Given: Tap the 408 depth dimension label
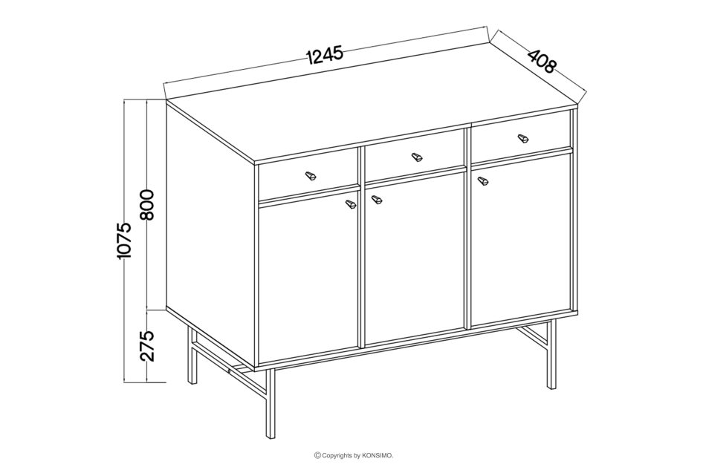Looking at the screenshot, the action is click(543, 61).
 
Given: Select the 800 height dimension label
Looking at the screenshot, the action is click(147, 204).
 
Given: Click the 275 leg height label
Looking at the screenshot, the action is click(147, 345).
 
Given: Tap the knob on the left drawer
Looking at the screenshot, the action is click(311, 175).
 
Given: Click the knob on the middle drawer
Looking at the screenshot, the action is click(418, 157).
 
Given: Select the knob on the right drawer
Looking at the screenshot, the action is click(522, 138).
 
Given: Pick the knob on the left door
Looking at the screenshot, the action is click(351, 203).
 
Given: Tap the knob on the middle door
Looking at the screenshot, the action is click(376, 199).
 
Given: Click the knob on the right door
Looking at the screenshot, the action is click(483, 180).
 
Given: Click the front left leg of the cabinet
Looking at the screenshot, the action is click(269, 402).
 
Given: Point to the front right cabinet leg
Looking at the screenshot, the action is click(551, 355).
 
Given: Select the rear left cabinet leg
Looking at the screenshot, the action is click(192, 356).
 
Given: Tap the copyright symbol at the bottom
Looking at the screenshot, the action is click(317, 456).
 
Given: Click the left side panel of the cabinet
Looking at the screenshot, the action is click(211, 233).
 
